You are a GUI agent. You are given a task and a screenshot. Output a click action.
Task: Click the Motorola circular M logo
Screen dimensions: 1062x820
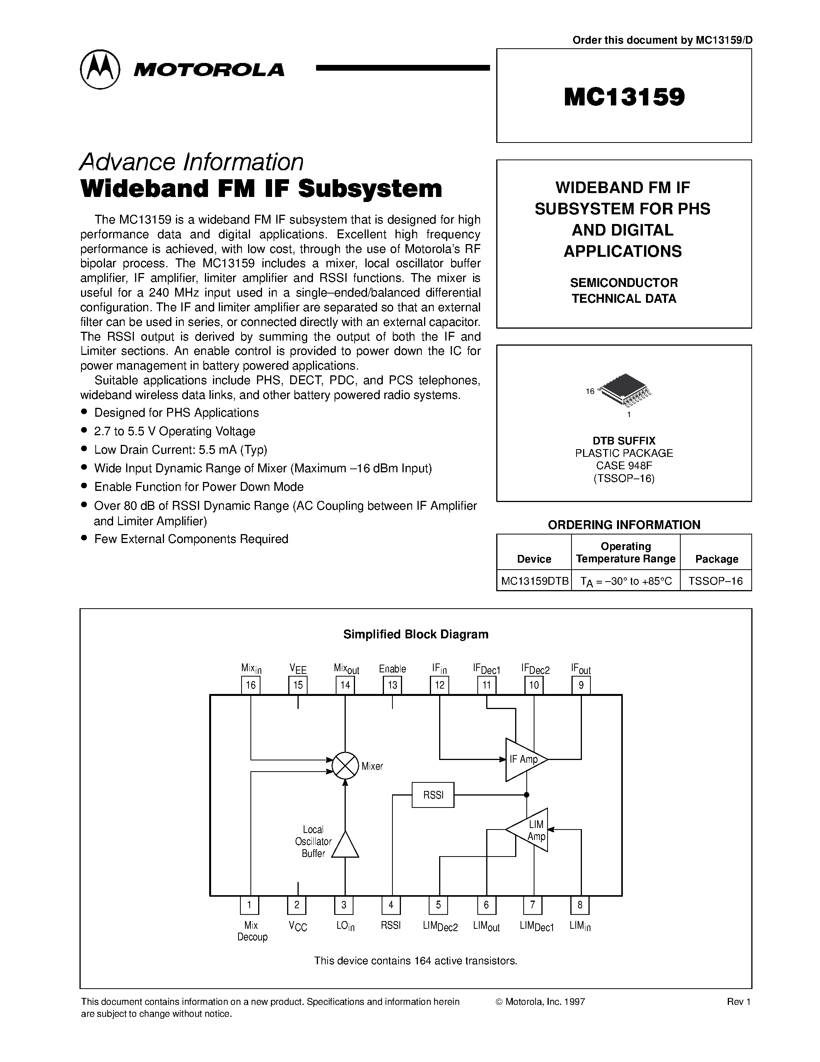coord(100,69)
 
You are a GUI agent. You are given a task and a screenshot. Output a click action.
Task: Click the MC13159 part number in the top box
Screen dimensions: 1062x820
coord(624,97)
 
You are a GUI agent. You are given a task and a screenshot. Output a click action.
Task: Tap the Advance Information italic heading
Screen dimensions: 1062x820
coord(191,162)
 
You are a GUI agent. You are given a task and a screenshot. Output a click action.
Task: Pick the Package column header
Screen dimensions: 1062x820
coord(717,559)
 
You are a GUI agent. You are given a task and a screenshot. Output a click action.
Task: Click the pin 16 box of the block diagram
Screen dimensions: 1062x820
coord(251,685)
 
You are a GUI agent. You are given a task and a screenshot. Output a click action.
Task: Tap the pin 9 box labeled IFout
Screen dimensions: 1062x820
coord(581,685)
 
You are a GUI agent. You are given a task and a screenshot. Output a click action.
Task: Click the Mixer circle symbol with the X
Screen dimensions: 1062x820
coord(345,766)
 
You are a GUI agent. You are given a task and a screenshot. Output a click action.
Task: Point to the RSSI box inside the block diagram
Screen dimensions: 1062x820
coord(433,795)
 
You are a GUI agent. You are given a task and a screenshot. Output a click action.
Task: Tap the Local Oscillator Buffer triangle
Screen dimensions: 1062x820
coord(345,846)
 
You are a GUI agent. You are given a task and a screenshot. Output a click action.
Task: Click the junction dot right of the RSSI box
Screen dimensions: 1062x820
coord(527,795)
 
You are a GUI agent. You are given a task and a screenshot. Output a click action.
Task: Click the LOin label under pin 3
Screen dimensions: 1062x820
coord(345,926)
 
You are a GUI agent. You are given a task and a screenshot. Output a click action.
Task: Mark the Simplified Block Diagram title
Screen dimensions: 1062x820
coord(416,634)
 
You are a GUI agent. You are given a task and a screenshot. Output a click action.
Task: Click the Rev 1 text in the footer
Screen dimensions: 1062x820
coord(739,1002)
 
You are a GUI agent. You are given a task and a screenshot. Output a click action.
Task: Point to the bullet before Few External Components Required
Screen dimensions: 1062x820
coord(85,538)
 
